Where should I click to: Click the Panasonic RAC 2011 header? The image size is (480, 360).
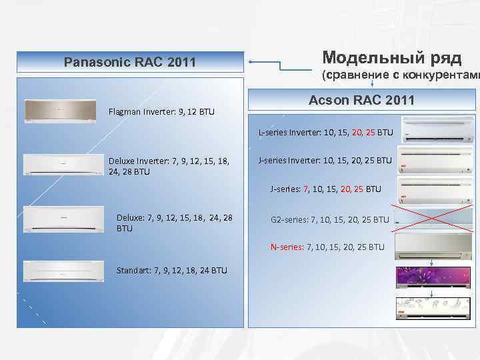point(130,63)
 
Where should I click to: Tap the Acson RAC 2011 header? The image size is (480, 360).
point(362,101)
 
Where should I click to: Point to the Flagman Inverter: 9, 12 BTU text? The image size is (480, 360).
point(161,111)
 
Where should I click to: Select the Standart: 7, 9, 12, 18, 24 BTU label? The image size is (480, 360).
point(172,270)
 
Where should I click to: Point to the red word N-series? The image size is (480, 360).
point(287,247)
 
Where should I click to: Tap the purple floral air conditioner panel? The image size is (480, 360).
point(434,277)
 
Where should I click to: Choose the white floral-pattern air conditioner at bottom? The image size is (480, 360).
point(434,308)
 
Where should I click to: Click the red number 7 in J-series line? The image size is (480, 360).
point(306,189)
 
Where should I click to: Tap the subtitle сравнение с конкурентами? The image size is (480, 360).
point(400,75)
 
